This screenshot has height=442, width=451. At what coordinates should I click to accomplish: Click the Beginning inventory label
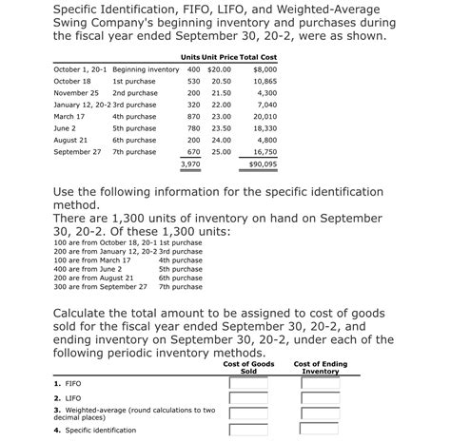pyautogui.click(x=146, y=70)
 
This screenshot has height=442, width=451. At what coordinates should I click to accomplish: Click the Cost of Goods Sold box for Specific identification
pyautogui.click(x=247, y=430)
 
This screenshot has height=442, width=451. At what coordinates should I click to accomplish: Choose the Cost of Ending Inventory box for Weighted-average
pyautogui.click(x=320, y=413)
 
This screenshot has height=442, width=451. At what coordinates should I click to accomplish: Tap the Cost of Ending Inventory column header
pyautogui.click(x=320, y=367)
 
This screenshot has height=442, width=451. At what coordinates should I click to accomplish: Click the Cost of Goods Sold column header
pyautogui.click(x=248, y=367)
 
